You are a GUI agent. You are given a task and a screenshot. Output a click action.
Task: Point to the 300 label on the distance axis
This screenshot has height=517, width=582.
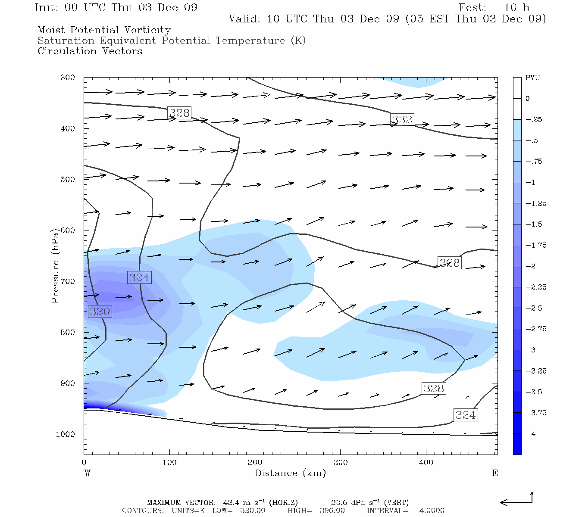pyautogui.click(x=341, y=463)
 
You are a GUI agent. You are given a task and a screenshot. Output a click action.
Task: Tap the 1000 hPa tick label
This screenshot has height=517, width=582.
pyautogui.click(x=65, y=434)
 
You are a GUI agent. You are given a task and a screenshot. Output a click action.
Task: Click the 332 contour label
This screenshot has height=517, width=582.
pyautogui.click(x=402, y=119)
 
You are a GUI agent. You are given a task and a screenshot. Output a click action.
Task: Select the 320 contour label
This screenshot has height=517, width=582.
pyautogui.click(x=100, y=311)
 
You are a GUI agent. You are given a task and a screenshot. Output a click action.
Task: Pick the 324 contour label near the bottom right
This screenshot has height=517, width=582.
pyautogui.click(x=466, y=415)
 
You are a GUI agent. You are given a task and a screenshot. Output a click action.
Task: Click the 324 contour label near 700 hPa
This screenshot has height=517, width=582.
pyautogui.click(x=139, y=277)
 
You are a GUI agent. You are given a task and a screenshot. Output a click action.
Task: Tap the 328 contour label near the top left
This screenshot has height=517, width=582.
pyautogui.click(x=179, y=113)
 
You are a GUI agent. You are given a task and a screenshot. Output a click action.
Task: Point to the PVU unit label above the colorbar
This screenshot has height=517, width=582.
pyautogui.click(x=532, y=78)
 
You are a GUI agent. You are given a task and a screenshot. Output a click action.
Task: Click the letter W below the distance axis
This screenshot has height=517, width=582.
pyautogui.click(x=88, y=473)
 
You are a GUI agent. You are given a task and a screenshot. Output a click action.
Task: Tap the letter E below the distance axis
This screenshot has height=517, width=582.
pyautogui.click(x=495, y=473)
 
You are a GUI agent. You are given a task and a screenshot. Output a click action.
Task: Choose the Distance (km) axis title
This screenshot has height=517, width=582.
pyautogui.click(x=290, y=473)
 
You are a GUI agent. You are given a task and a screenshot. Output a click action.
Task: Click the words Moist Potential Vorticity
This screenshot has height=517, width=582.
pyautogui.click(x=104, y=30)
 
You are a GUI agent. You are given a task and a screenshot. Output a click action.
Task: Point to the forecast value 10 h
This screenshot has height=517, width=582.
pyautogui.click(x=516, y=8)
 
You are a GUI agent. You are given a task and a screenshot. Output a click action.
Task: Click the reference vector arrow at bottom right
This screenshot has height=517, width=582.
pyautogui.click(x=516, y=501)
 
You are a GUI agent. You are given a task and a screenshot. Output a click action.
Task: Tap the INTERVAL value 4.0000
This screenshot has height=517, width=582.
pyautogui.click(x=432, y=511)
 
